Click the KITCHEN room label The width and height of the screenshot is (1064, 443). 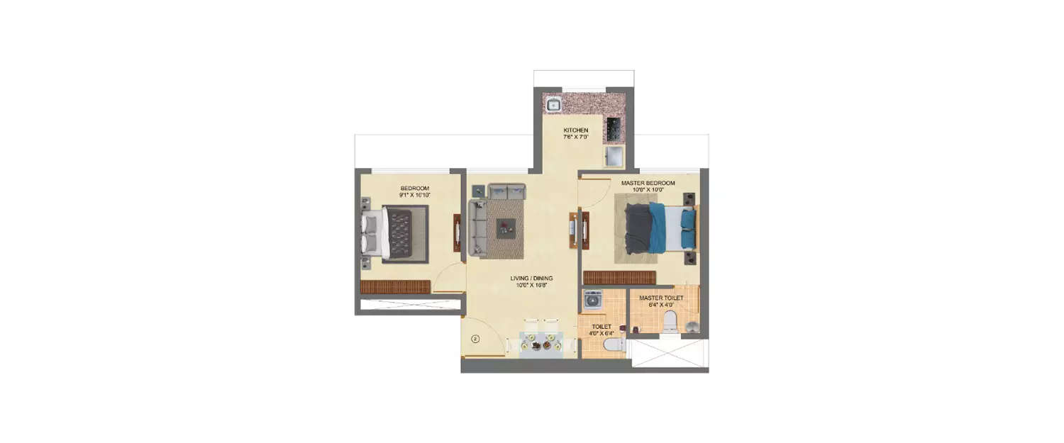coord(575,130)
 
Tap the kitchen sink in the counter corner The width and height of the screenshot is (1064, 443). coord(553,106)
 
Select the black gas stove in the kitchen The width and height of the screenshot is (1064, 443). coord(614,130)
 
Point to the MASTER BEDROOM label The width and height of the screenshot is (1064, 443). coord(648,183)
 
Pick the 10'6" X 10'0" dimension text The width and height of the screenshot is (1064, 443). coord(647,190)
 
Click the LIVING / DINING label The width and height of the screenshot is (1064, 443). coord(531,278)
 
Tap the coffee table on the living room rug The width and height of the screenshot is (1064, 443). coord(506,228)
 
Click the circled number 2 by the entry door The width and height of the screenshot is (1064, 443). coord(475,339)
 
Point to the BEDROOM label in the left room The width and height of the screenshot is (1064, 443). coord(414,188)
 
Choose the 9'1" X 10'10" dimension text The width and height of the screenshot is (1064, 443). coord(414,195)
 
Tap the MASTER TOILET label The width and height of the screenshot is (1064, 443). coord(661,298)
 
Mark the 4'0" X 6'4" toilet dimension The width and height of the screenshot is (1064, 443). coord(602,333)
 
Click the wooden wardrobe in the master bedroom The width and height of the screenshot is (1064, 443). coord(619,277)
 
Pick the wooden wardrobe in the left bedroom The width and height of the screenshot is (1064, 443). coord(395,286)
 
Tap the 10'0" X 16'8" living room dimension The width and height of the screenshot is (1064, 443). coord(531,286)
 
